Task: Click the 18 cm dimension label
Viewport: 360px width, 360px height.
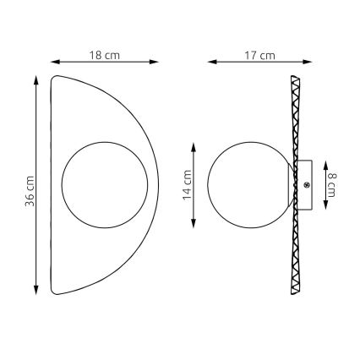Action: [105, 55]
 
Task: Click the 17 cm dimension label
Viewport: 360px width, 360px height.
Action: [259, 55]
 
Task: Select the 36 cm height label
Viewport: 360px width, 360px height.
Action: [30, 191]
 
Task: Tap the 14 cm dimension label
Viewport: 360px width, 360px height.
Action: [188, 185]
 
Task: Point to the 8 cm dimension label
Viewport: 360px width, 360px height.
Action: [331, 185]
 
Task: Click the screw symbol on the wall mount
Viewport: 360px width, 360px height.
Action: [306, 185]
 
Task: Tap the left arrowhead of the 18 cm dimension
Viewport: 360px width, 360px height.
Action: [55, 62]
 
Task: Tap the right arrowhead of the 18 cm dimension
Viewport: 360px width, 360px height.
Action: [154, 62]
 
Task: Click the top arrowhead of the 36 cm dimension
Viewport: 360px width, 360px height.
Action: [35, 80]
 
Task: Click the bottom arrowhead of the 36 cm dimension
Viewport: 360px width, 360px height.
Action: [35, 290]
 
